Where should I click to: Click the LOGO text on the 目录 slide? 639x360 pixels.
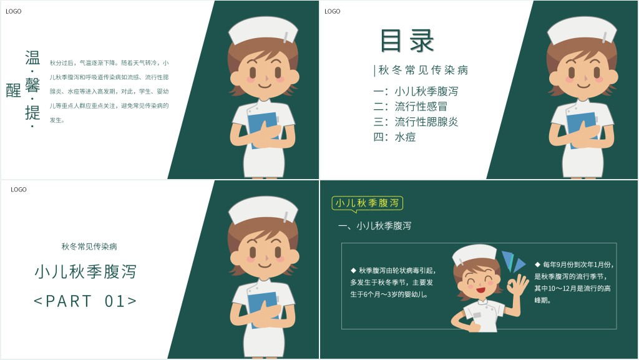[x=332, y=11]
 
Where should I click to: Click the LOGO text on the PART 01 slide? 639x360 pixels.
[x=18, y=190]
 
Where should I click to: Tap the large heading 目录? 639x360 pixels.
[x=407, y=41]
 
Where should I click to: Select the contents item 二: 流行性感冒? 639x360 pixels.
[x=411, y=107]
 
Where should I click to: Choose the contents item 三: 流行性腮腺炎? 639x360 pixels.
[x=416, y=122]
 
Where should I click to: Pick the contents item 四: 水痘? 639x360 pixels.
[x=394, y=137]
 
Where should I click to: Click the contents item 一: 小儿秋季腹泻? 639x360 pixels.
[x=416, y=91]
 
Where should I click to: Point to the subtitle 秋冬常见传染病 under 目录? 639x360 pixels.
[x=423, y=70]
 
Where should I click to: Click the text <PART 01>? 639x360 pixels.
[x=85, y=301]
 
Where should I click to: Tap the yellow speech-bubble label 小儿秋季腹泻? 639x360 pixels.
[x=367, y=203]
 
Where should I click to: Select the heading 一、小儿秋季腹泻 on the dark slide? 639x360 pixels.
[x=374, y=226]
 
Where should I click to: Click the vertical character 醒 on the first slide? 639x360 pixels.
[x=14, y=90]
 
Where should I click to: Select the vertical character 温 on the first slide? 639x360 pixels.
[x=32, y=58]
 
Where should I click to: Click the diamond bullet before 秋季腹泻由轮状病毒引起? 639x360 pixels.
[x=353, y=270]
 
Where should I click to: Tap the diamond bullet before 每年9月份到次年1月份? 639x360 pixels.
[x=537, y=265]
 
